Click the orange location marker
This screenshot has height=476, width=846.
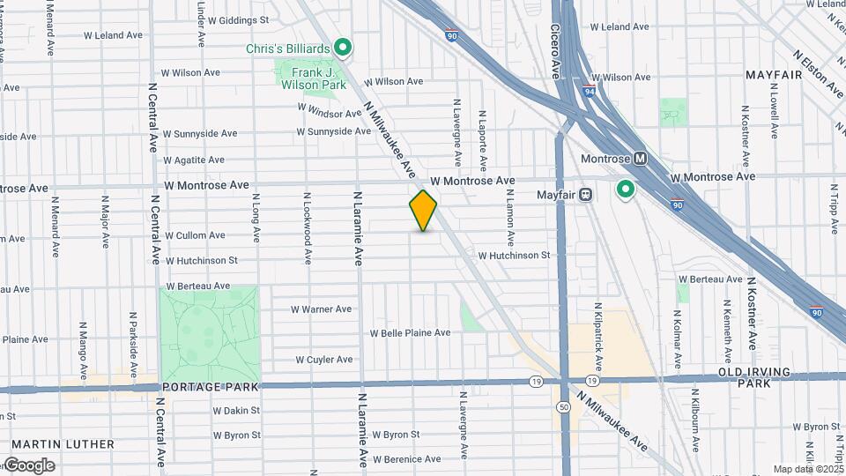423,210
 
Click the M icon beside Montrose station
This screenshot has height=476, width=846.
641,159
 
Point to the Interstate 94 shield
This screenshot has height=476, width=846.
589,89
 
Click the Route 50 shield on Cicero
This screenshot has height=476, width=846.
563,406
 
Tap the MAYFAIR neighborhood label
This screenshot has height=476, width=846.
774,75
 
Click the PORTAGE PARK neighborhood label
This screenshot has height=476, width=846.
210,387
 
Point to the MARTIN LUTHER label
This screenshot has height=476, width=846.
63,444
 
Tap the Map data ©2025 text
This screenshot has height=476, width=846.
807,469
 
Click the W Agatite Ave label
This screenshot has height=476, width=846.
194,160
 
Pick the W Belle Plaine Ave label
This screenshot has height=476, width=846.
410,333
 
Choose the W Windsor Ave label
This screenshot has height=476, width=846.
330,110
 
